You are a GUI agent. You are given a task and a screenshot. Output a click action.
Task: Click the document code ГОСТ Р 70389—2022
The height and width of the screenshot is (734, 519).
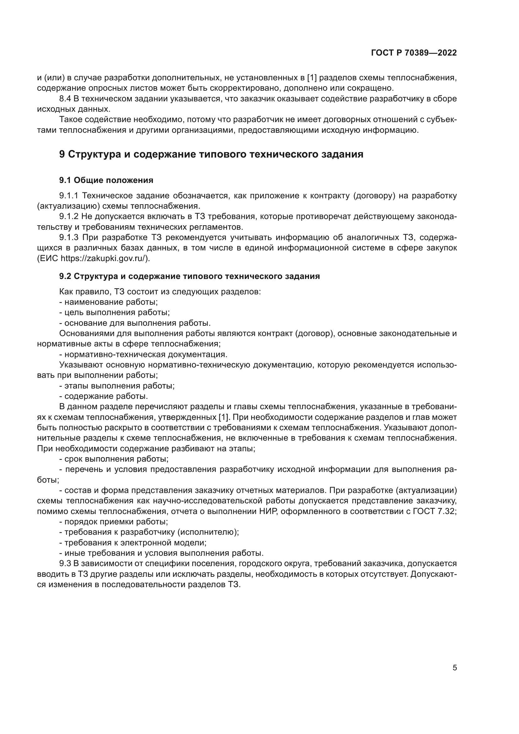(414, 53)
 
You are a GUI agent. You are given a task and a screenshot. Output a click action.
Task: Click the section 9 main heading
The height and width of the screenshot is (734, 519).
(211, 154)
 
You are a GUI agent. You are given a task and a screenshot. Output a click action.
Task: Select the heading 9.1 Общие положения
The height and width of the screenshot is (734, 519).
(106, 180)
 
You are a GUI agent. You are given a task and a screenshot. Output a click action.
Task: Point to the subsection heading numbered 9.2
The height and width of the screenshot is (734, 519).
(189, 276)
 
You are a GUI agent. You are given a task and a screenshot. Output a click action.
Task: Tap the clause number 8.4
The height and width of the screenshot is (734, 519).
(65, 99)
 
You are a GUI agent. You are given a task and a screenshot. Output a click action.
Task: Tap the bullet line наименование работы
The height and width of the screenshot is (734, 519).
(109, 302)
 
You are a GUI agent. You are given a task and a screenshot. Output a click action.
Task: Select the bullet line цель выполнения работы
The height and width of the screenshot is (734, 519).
(115, 312)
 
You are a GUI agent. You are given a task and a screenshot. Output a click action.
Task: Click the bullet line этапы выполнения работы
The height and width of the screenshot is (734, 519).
(117, 386)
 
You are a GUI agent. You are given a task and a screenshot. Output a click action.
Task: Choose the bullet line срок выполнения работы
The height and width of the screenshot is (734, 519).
(114, 459)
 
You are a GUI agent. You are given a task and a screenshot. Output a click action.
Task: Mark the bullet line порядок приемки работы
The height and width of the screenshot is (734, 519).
(114, 522)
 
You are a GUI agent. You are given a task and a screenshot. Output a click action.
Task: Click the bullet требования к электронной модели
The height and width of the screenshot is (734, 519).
(133, 543)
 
